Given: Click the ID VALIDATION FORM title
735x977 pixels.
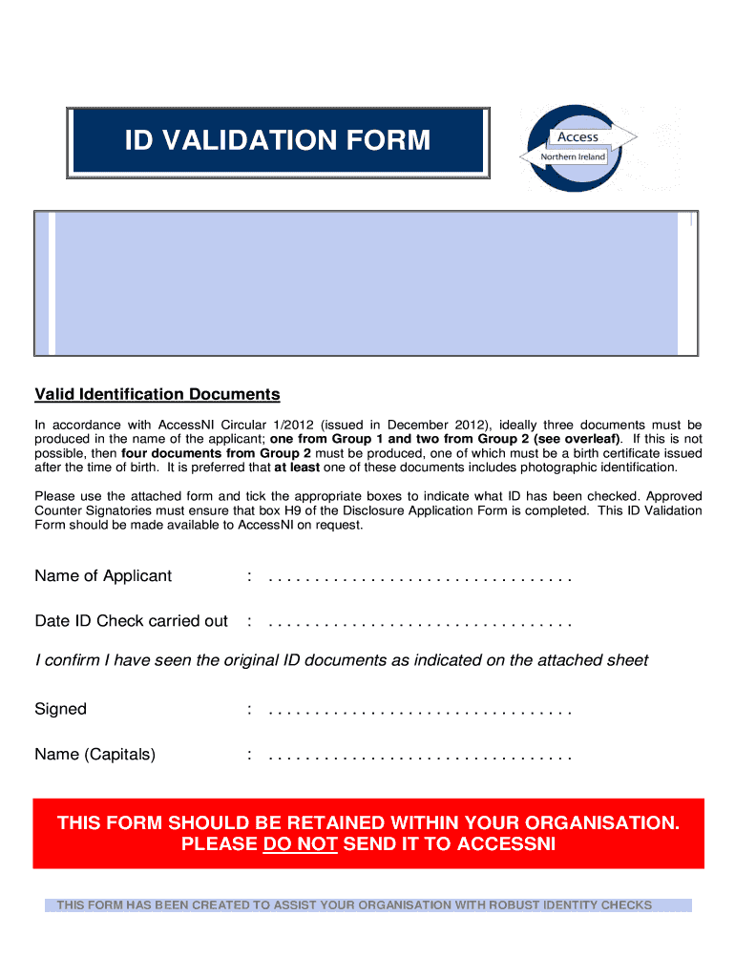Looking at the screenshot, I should click(x=278, y=141).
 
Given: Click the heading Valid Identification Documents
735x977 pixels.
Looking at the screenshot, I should click(x=157, y=394).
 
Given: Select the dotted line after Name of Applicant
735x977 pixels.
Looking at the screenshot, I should click(x=420, y=577).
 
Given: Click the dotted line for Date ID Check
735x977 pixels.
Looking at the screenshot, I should click(x=420, y=623).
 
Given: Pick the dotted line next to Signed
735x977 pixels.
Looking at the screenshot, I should click(x=420, y=711).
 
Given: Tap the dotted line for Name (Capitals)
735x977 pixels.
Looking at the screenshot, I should click(x=420, y=757).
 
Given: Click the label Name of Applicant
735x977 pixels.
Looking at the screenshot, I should click(x=103, y=575).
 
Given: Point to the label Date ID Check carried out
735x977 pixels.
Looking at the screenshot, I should click(x=131, y=621).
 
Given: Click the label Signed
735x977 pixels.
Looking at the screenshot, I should click(x=60, y=709).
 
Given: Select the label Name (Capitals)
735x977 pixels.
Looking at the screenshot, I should click(x=94, y=755).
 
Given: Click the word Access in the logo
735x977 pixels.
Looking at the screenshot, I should click(x=577, y=137).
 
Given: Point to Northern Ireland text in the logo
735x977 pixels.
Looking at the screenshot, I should click(x=574, y=156).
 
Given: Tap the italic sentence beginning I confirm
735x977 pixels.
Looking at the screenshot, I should click(x=341, y=660).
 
